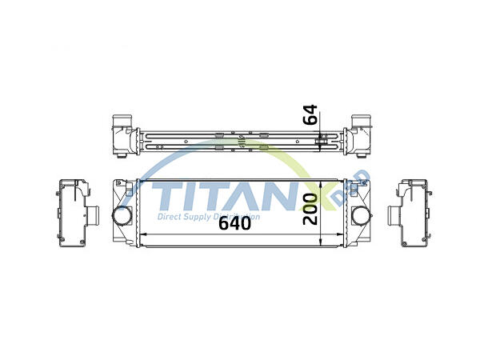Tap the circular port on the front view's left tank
(x=122, y=215)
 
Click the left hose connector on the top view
(x=121, y=123)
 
